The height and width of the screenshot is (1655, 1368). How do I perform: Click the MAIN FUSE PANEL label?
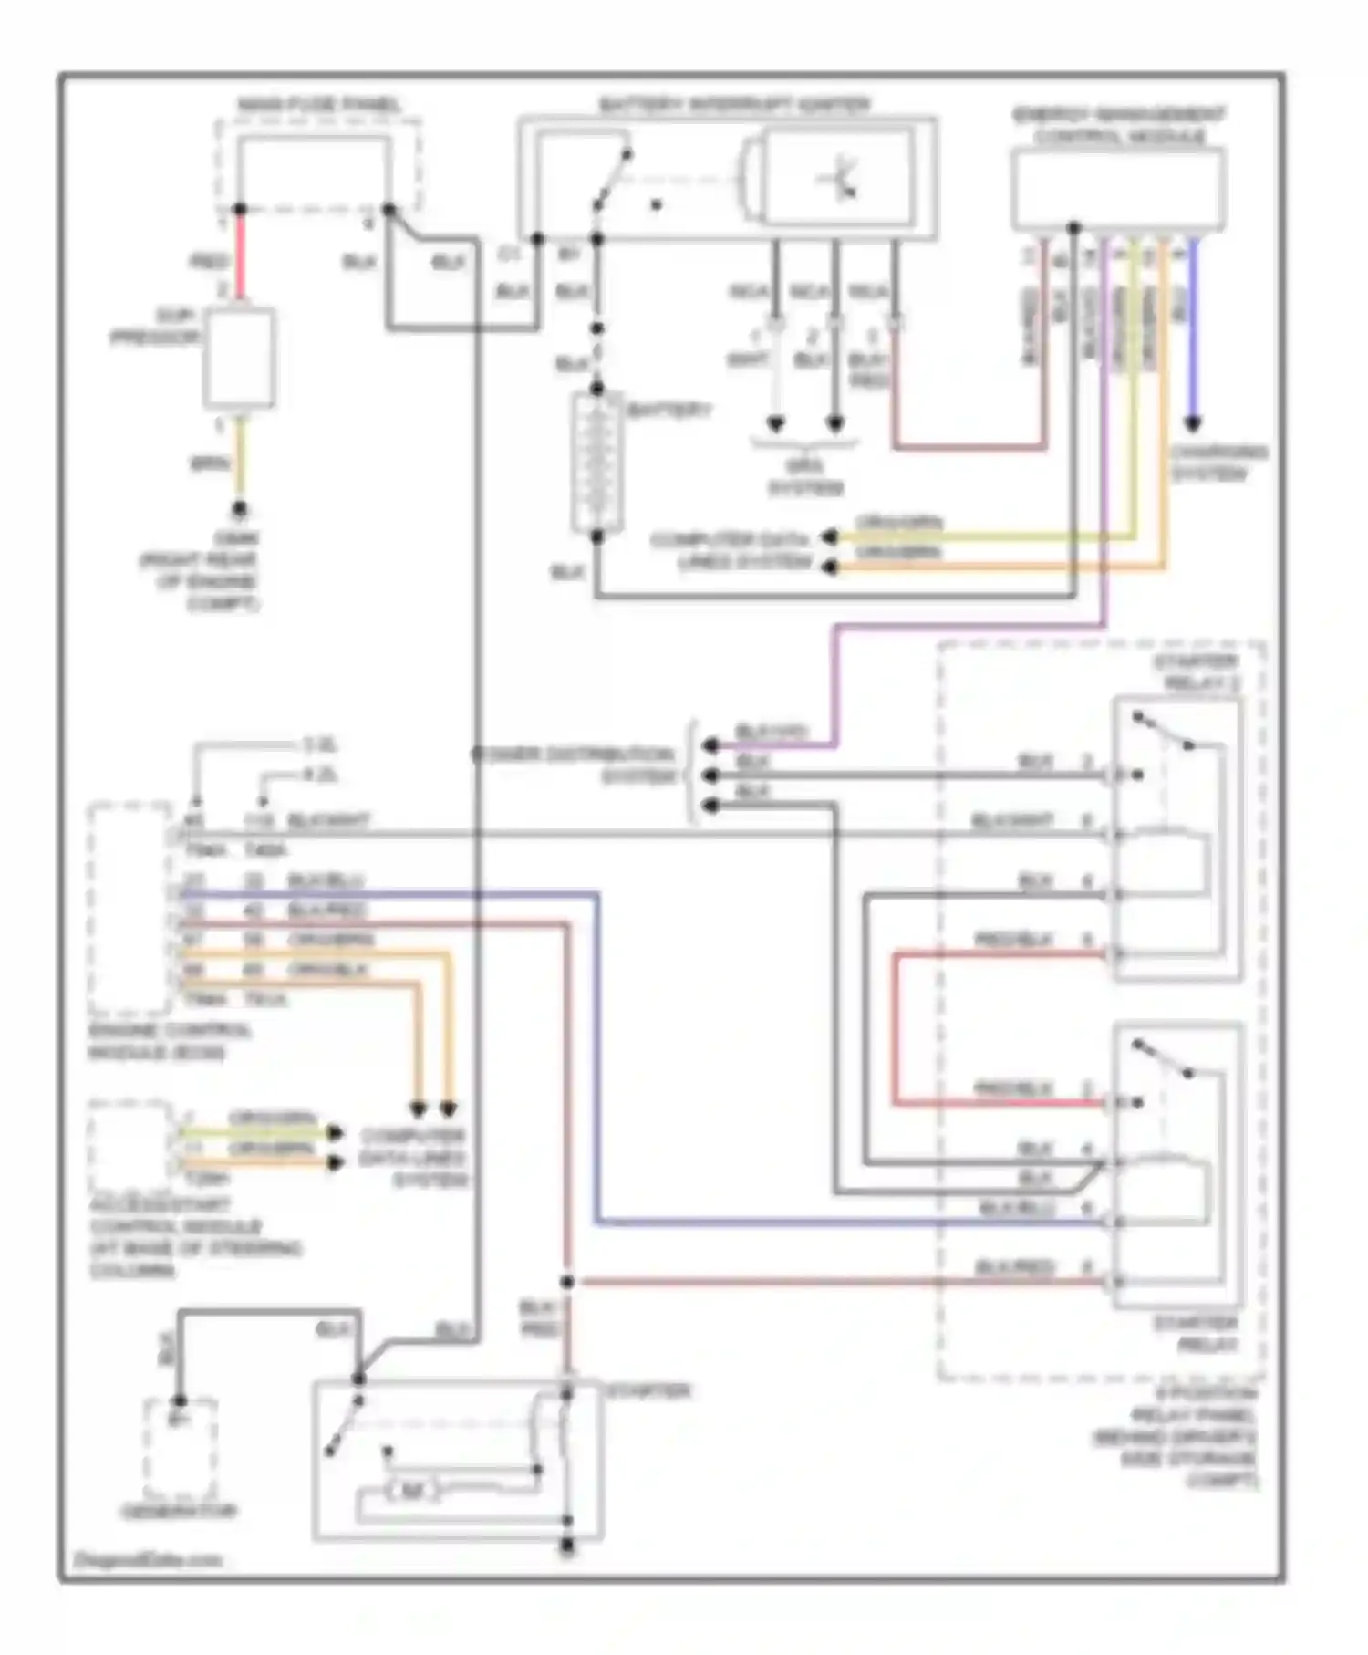click(x=318, y=106)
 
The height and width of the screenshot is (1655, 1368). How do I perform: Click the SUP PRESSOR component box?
click(x=239, y=359)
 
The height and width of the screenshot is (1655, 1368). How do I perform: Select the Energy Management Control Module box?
click(x=1118, y=190)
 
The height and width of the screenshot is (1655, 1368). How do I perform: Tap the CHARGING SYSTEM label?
click(x=1218, y=463)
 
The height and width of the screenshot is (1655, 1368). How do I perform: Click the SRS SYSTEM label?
click(x=805, y=477)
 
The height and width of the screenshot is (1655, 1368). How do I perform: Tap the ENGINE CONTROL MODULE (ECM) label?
click(x=170, y=1041)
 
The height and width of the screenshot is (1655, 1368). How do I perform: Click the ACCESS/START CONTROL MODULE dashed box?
click(x=130, y=1145)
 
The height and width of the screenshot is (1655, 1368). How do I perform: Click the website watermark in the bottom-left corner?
click(x=147, y=1559)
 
